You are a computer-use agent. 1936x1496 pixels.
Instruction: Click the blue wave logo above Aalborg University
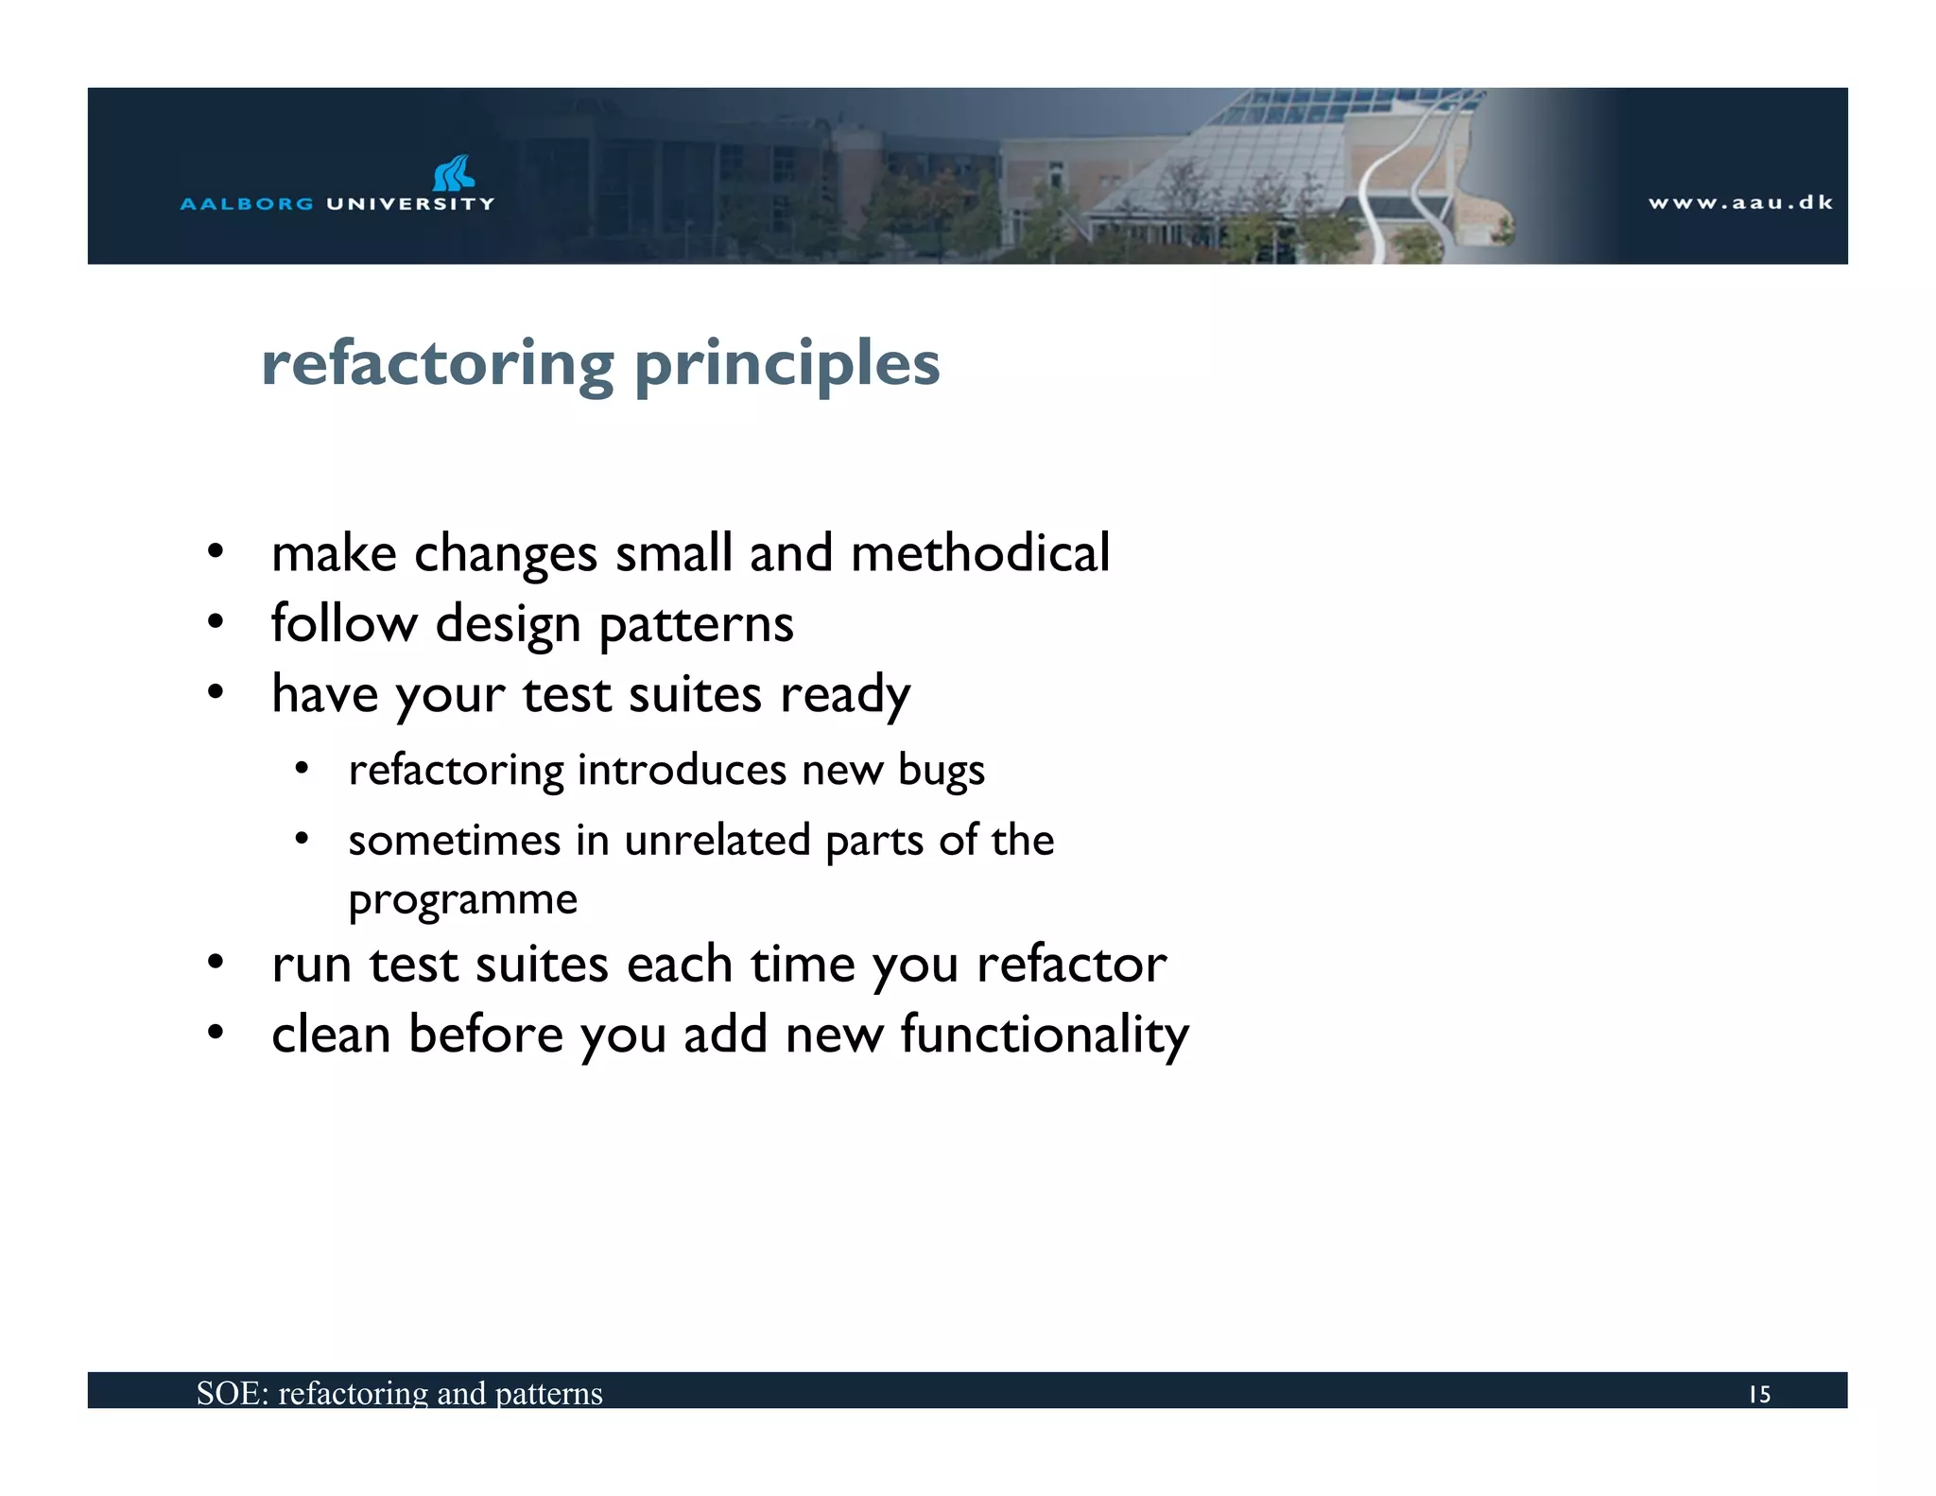(x=453, y=173)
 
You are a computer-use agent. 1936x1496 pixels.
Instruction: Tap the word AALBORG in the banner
(x=246, y=203)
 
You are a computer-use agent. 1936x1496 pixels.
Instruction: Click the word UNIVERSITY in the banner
(x=409, y=203)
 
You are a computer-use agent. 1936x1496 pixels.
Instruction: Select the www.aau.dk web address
(x=1740, y=202)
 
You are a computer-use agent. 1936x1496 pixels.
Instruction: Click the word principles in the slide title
(x=786, y=364)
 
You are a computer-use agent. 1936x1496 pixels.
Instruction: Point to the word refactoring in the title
(x=437, y=364)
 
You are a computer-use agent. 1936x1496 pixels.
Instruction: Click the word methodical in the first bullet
(x=979, y=552)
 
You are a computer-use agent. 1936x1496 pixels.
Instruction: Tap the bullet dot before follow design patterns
(x=216, y=622)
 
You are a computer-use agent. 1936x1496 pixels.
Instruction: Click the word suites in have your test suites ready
(x=695, y=694)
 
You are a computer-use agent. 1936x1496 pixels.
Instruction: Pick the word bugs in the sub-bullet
(x=941, y=771)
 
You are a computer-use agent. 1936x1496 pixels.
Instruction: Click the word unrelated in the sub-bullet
(x=717, y=840)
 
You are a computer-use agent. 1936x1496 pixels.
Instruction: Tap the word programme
(x=462, y=899)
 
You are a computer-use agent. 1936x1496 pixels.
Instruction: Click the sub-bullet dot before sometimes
(x=302, y=838)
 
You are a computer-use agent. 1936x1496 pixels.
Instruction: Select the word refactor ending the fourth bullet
(x=1071, y=965)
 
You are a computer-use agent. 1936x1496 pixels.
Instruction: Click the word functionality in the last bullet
(x=1044, y=1035)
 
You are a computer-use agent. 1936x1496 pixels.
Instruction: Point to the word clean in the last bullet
(x=331, y=1034)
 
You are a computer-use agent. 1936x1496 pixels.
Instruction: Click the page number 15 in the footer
(x=1758, y=1394)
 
